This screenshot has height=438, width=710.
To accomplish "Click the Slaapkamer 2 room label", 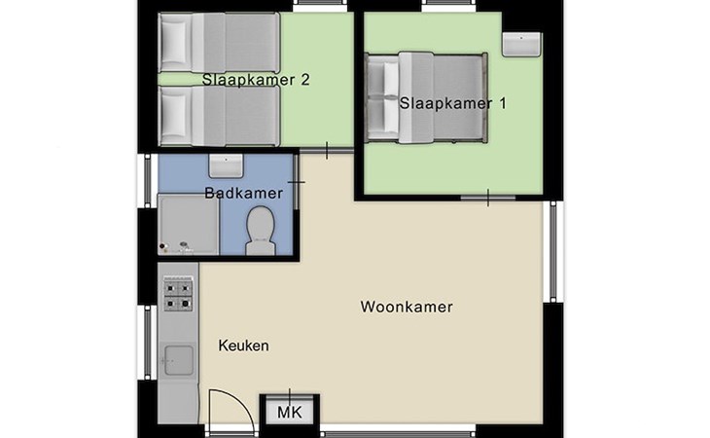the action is coord(256,80).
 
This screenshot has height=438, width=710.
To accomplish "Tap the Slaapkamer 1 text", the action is coord(453,103).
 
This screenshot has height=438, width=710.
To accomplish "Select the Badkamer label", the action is coord(243,193).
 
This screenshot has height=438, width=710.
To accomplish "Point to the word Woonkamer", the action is coord(407,307).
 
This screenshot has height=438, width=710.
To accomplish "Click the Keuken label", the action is coord(243,346).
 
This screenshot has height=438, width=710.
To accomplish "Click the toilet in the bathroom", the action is coord(261,231).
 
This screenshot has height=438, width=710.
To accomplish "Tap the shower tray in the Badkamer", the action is coord(189,224).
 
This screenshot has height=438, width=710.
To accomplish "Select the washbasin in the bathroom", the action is coord(226,165).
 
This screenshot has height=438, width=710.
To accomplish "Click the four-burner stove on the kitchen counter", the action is coord(178,294).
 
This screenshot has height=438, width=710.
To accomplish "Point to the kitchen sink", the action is coord(178,360).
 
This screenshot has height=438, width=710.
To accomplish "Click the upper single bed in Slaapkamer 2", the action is coord(219,42).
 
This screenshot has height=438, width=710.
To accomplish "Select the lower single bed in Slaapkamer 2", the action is coord(219,116).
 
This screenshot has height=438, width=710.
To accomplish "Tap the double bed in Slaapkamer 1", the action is coord(427,97).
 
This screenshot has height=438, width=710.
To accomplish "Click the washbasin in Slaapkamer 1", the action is coord(521,44).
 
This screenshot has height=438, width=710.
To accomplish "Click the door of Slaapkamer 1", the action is coord(487,198).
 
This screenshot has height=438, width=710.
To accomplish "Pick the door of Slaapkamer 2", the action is coord(327,150).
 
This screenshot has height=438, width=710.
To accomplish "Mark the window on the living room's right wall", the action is coord(552,251).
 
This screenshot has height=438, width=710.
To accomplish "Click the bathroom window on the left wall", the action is coord(148,181).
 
